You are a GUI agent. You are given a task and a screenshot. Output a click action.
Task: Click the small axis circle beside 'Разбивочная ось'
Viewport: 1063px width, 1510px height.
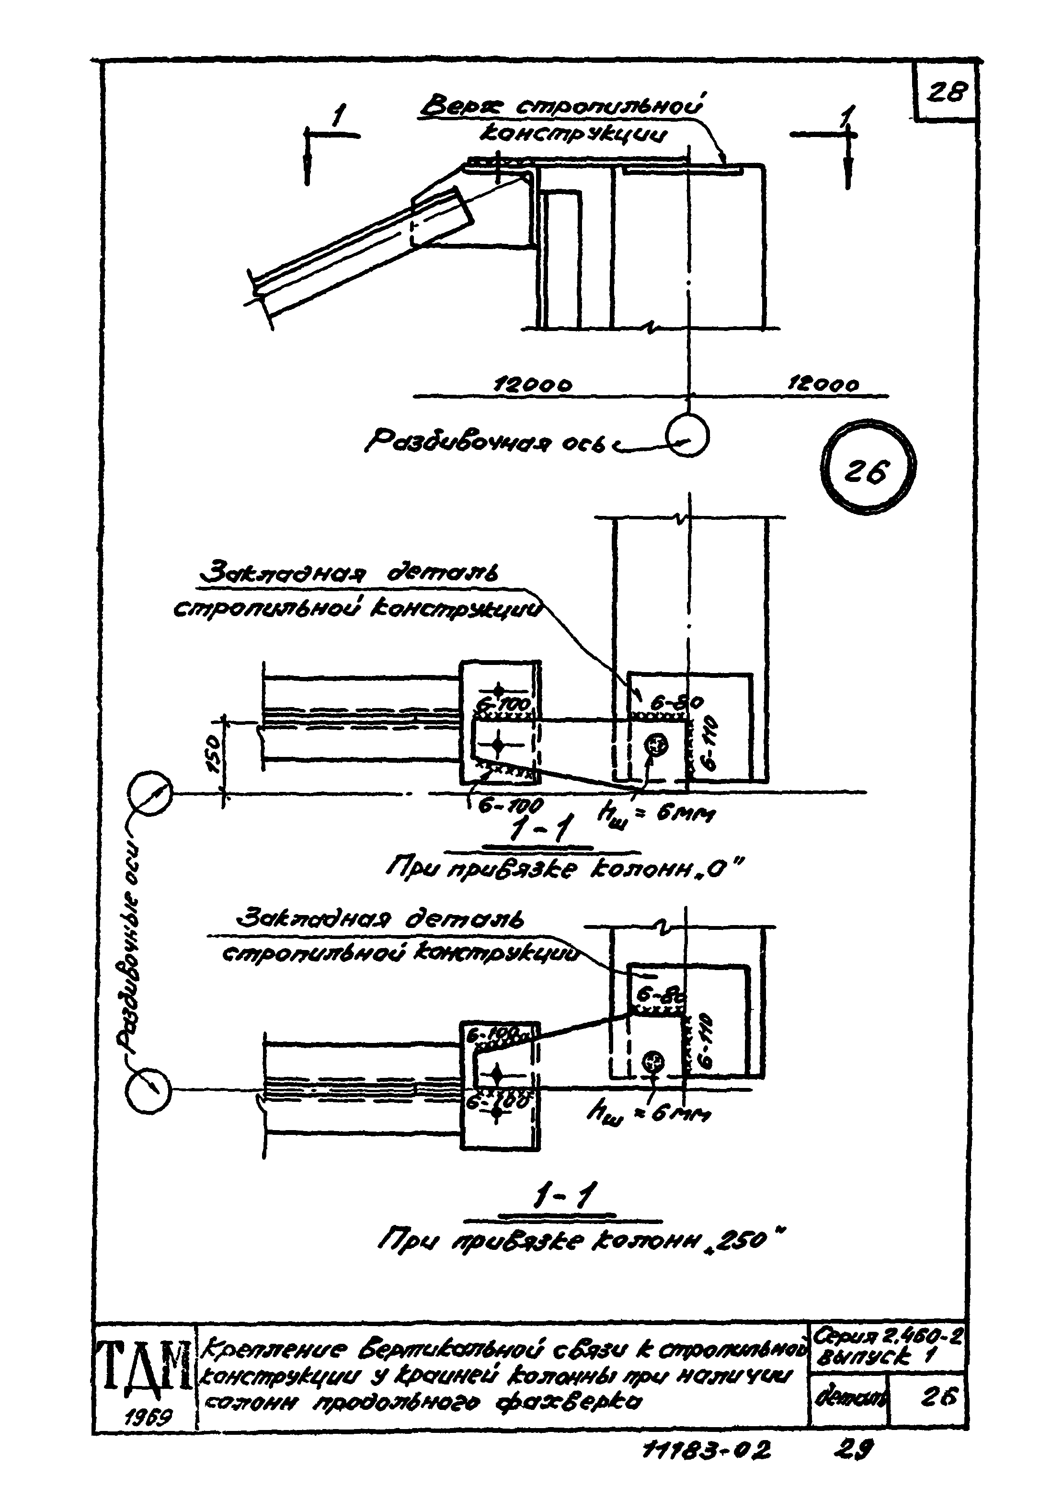pos(687,437)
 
